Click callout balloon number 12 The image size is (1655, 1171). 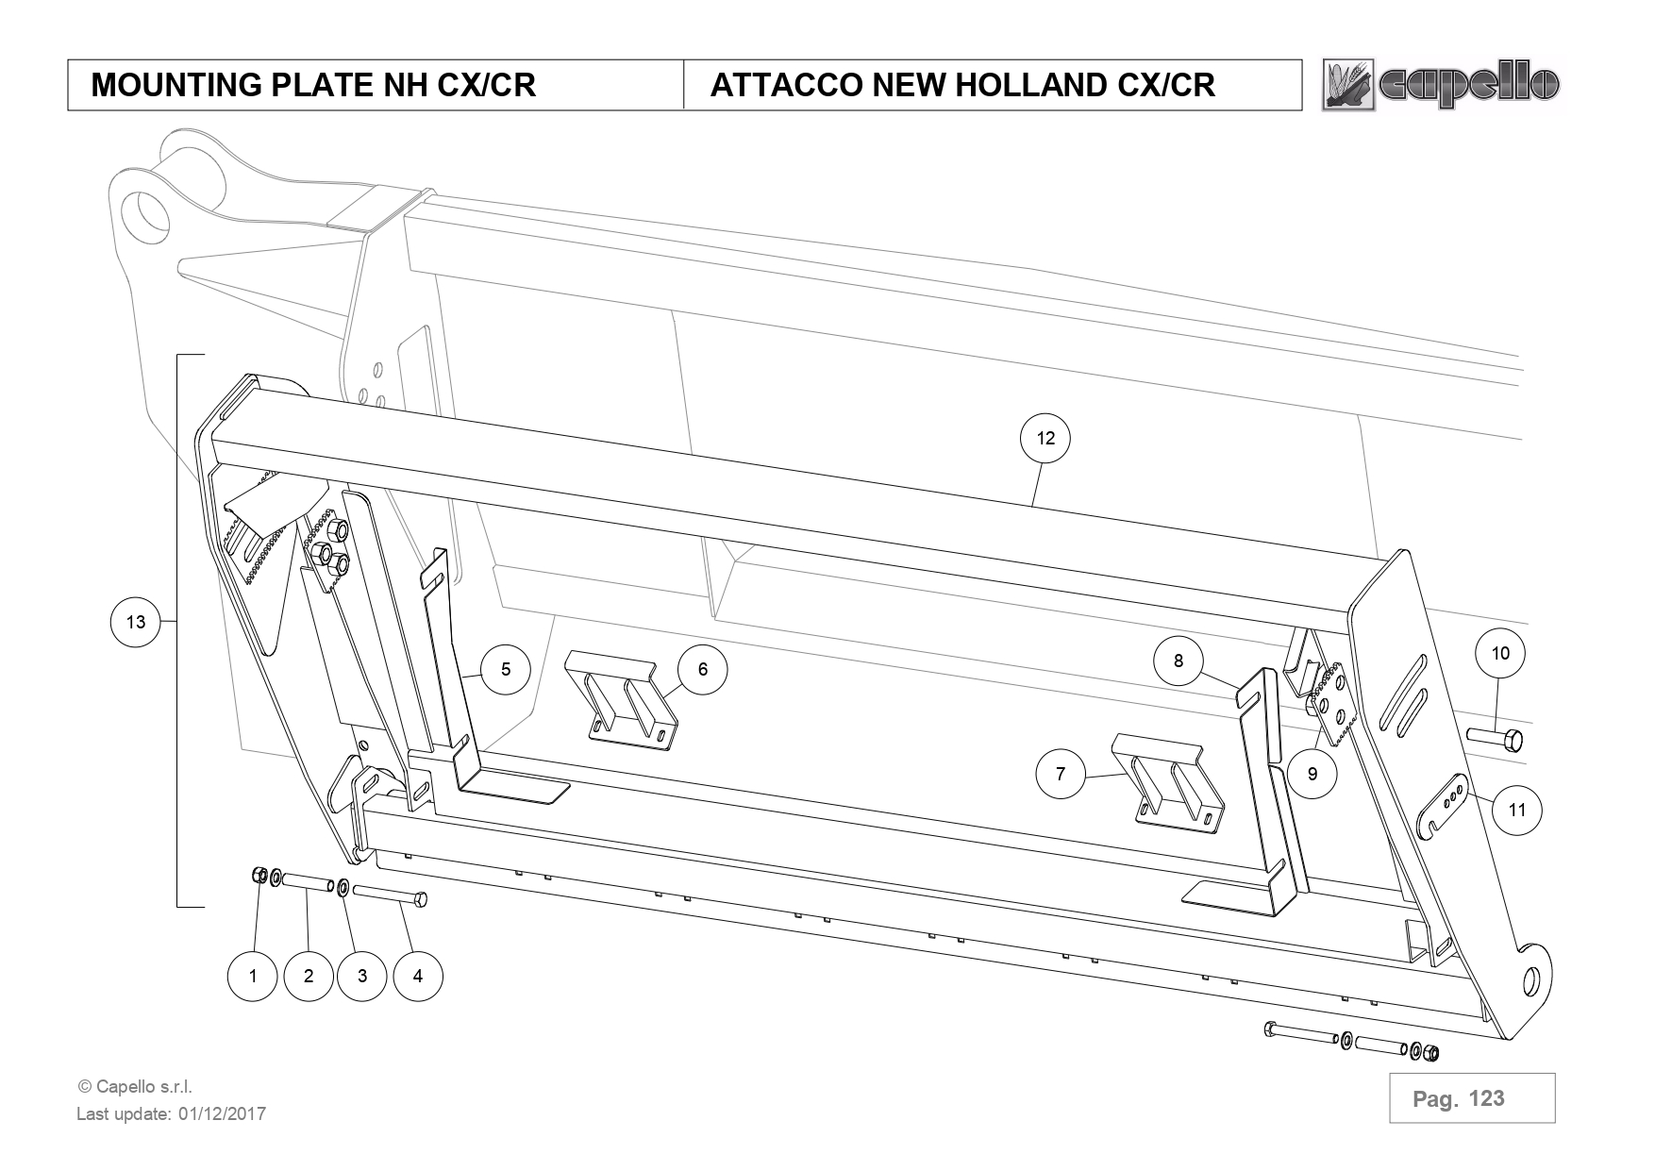pyautogui.click(x=1045, y=438)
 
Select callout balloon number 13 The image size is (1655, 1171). pyautogui.click(x=136, y=621)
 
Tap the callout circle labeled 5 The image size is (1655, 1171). pyautogui.click(x=506, y=669)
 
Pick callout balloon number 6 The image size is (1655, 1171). pyautogui.click(x=703, y=669)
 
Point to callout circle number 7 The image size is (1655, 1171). pyautogui.click(x=1060, y=774)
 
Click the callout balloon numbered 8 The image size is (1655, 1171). pyautogui.click(x=1178, y=661)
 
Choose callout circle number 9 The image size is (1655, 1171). pyautogui.click(x=1312, y=775)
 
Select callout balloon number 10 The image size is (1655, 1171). pyautogui.click(x=1500, y=653)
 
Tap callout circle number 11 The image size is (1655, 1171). pyautogui.click(x=1517, y=810)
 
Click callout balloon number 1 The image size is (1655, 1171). pyautogui.click(x=253, y=976)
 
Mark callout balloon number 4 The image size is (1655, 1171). pyautogui.click(x=417, y=976)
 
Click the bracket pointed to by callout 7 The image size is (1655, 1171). pyautogui.click(x=1167, y=777)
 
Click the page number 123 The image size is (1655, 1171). pyautogui.click(x=1486, y=1098)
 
